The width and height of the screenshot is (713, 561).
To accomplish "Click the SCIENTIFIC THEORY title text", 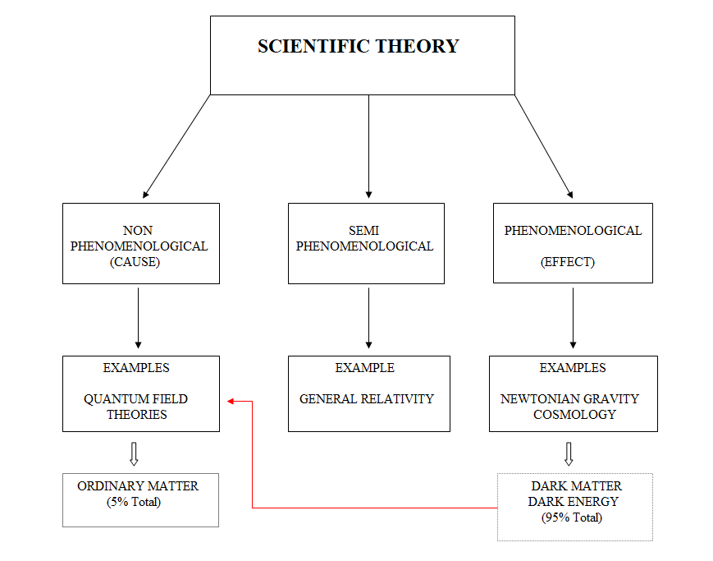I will [x=358, y=46].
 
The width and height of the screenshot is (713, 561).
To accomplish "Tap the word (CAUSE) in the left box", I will [x=139, y=262].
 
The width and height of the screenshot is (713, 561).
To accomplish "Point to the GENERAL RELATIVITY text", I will [x=366, y=399].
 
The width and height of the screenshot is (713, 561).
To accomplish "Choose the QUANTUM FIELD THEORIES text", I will [x=136, y=407].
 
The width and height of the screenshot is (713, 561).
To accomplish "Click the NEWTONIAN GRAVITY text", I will [x=569, y=399].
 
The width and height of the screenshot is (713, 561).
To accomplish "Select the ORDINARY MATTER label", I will [x=138, y=486].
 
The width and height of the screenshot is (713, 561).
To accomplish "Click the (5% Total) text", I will [x=134, y=502].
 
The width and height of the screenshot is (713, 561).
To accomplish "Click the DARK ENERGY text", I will [x=574, y=502].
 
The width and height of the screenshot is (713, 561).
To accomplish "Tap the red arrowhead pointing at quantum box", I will [x=231, y=401].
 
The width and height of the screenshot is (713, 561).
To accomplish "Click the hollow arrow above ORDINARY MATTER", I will [x=135, y=453].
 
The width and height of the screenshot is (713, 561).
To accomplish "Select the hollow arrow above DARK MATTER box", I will [x=569, y=453].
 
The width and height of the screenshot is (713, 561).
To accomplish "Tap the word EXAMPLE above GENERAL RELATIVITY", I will [x=364, y=368].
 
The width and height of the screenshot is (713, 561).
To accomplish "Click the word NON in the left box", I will [x=139, y=231].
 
